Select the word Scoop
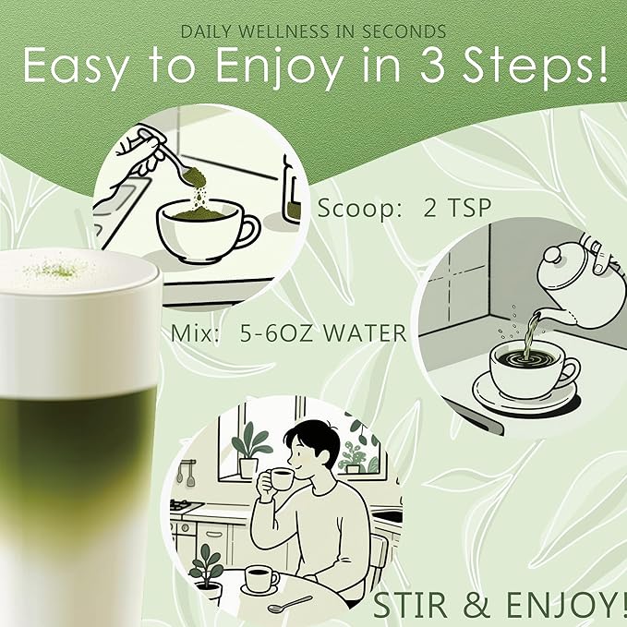click(x=348, y=208)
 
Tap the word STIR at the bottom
click(x=412, y=606)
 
